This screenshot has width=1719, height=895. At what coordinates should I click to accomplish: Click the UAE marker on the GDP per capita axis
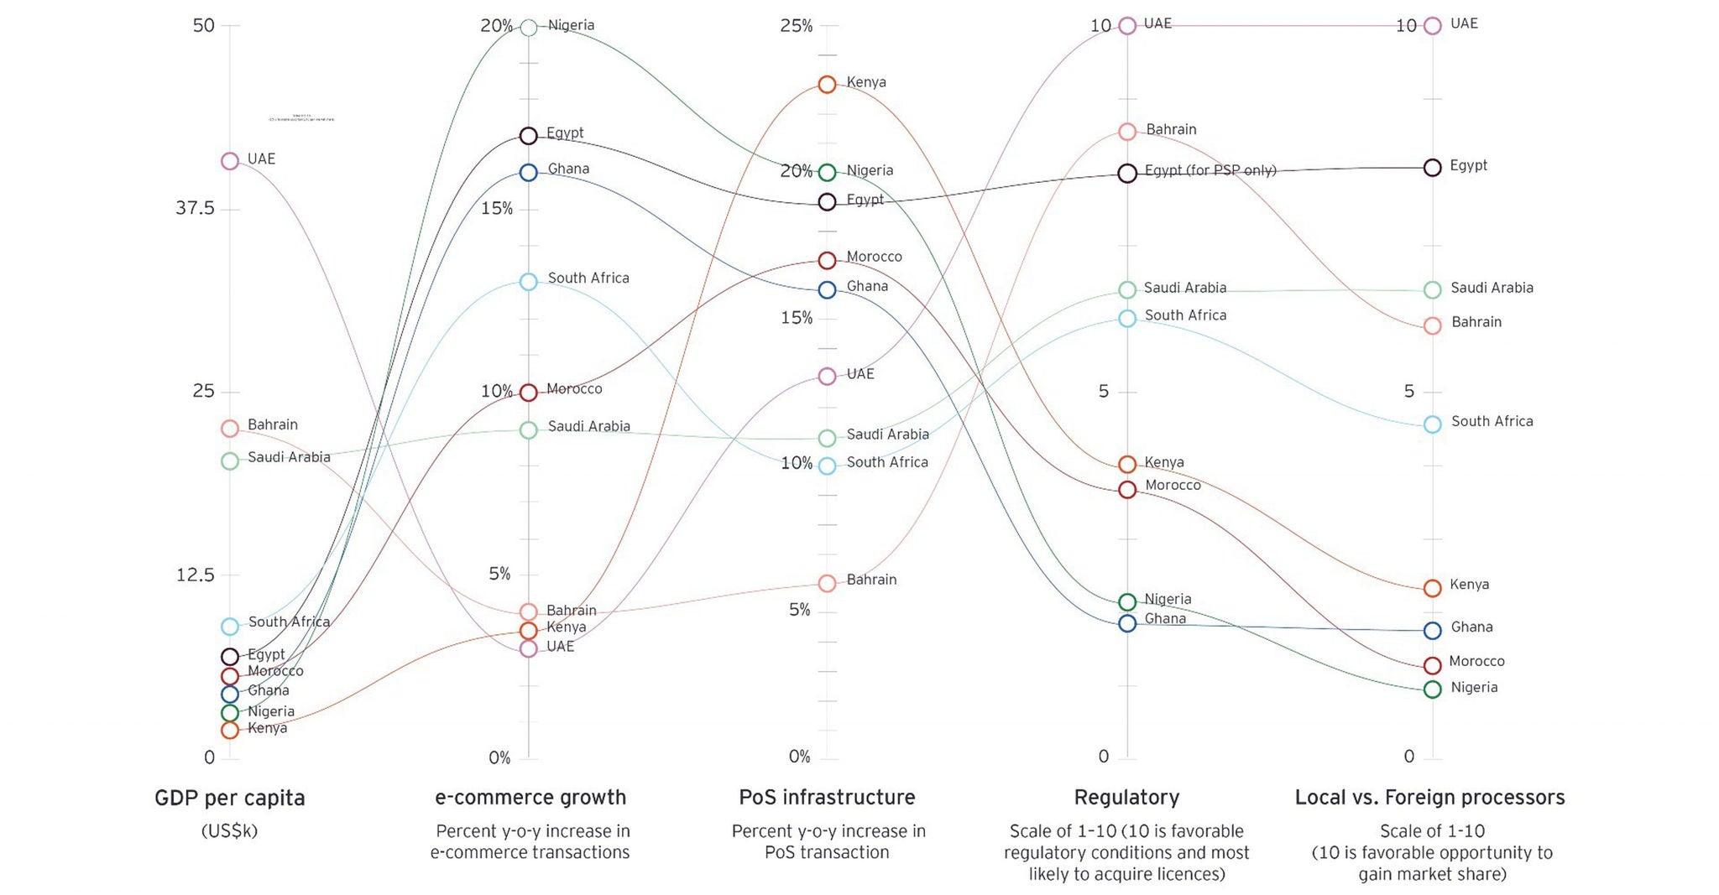(230, 161)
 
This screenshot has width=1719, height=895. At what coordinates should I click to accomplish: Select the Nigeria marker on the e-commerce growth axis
(529, 28)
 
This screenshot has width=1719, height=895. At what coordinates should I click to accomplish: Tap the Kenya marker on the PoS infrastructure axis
(827, 84)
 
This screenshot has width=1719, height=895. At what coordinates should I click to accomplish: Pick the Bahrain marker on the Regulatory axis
(1127, 132)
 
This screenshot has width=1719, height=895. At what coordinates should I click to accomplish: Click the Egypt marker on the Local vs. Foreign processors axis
(1433, 168)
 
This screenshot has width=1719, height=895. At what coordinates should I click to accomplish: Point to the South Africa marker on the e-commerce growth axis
(529, 282)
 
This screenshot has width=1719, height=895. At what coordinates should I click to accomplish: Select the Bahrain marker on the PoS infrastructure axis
(827, 583)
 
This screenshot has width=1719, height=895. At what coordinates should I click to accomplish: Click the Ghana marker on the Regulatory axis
(1127, 623)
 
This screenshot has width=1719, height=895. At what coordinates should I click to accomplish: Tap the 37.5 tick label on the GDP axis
(196, 208)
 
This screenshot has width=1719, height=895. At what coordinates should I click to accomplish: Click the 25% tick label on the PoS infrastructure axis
(797, 26)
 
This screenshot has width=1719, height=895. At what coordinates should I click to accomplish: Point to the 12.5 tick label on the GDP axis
(196, 575)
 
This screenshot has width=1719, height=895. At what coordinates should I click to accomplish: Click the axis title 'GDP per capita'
(230, 798)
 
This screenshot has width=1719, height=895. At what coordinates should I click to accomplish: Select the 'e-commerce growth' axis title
(530, 798)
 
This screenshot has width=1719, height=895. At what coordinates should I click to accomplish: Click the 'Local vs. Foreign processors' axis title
(1430, 798)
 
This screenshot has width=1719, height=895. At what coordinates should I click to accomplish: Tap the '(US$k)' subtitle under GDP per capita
(230, 831)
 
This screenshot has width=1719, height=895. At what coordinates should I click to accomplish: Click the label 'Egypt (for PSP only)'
(1210, 171)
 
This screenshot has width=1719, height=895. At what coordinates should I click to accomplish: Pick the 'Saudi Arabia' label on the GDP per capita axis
(289, 457)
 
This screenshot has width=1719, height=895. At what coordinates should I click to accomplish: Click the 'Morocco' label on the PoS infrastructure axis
(874, 257)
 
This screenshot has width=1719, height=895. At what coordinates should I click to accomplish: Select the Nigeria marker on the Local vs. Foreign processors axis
(1433, 689)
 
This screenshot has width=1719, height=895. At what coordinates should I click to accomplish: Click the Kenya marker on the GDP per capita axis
(230, 730)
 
